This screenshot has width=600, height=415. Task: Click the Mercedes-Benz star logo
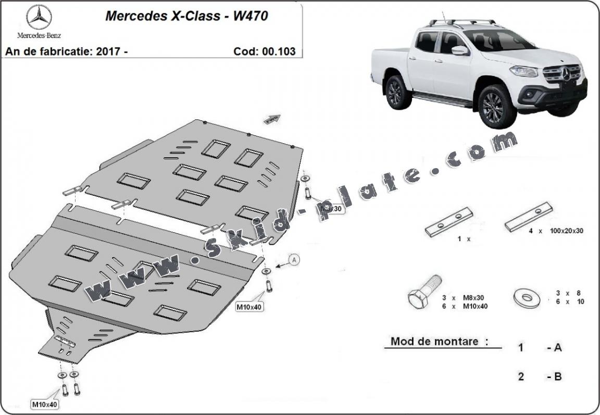click(x=39, y=17)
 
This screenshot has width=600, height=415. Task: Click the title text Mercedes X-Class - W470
click(x=186, y=16)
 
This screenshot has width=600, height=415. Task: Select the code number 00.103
click(x=279, y=52)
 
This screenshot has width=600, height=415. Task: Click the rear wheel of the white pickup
click(x=398, y=92)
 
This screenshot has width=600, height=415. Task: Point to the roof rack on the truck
click(x=461, y=22)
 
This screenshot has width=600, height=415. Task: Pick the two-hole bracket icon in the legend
click(x=449, y=222)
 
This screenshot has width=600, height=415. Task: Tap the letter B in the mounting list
click(x=557, y=376)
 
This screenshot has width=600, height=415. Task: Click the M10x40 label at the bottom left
click(x=44, y=404)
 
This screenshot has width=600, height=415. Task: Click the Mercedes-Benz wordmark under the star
click(x=39, y=36)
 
